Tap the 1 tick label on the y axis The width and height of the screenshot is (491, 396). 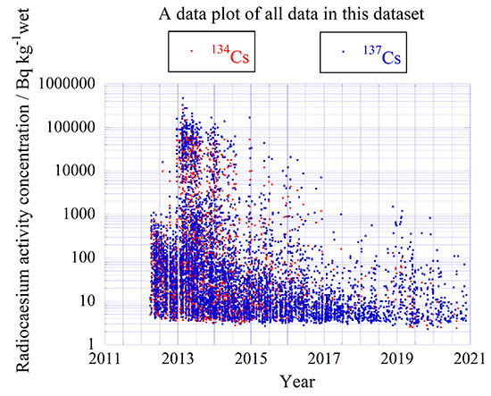(x=90, y=345)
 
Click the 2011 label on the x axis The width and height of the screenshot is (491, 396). (x=104, y=359)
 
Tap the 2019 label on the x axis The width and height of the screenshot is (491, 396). (x=395, y=359)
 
